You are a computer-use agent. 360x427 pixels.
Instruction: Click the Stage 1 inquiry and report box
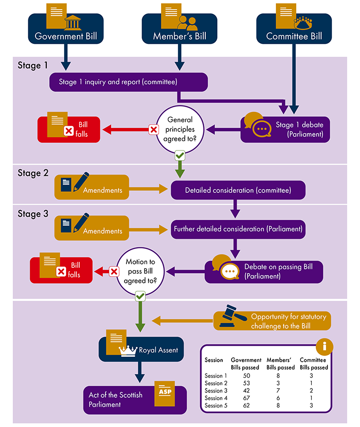click(x=128, y=82)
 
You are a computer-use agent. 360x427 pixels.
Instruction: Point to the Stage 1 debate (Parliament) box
click(x=286, y=130)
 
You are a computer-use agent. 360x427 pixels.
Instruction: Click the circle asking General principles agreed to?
click(x=180, y=129)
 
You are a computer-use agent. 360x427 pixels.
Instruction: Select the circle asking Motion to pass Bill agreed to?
click(x=140, y=271)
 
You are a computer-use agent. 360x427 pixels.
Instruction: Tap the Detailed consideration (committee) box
click(x=238, y=190)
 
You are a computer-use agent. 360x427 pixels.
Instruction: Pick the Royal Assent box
click(x=142, y=350)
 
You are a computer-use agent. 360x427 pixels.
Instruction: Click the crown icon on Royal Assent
click(x=129, y=350)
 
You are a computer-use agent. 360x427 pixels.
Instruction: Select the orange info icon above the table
click(x=324, y=347)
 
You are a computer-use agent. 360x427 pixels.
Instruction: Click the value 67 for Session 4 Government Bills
click(x=246, y=398)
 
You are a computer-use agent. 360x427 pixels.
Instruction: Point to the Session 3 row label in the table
click(x=216, y=390)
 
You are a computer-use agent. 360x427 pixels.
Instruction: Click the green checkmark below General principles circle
click(x=180, y=155)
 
